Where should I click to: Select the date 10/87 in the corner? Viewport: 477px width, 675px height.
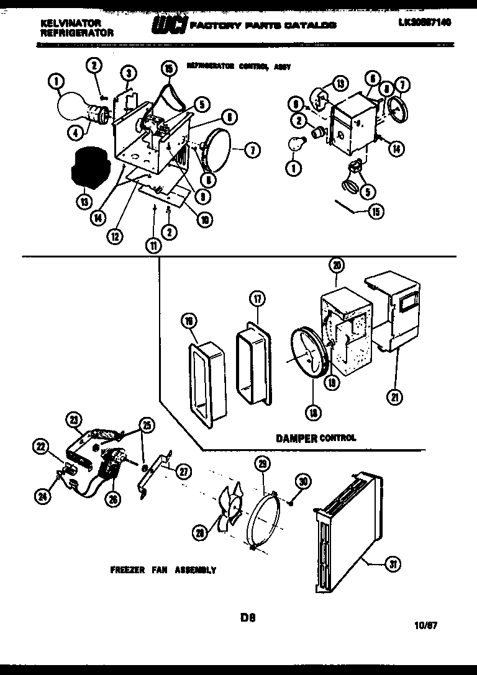point(425,625)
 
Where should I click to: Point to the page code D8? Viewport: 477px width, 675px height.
point(248,617)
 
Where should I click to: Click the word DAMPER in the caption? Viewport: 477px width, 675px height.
point(296,438)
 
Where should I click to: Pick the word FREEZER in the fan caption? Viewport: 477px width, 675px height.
point(129,570)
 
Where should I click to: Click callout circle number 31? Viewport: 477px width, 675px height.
point(393,564)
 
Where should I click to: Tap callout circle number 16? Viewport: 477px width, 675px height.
point(189,320)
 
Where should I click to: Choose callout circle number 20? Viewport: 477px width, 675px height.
point(336,266)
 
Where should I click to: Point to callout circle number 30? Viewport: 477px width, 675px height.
point(302,480)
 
